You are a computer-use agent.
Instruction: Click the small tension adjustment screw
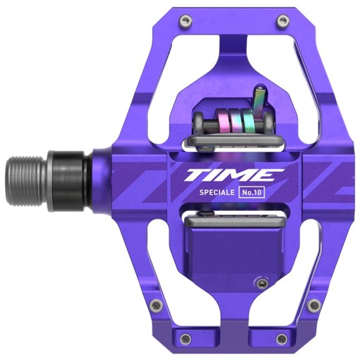pyautogui.click(x=263, y=283)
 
